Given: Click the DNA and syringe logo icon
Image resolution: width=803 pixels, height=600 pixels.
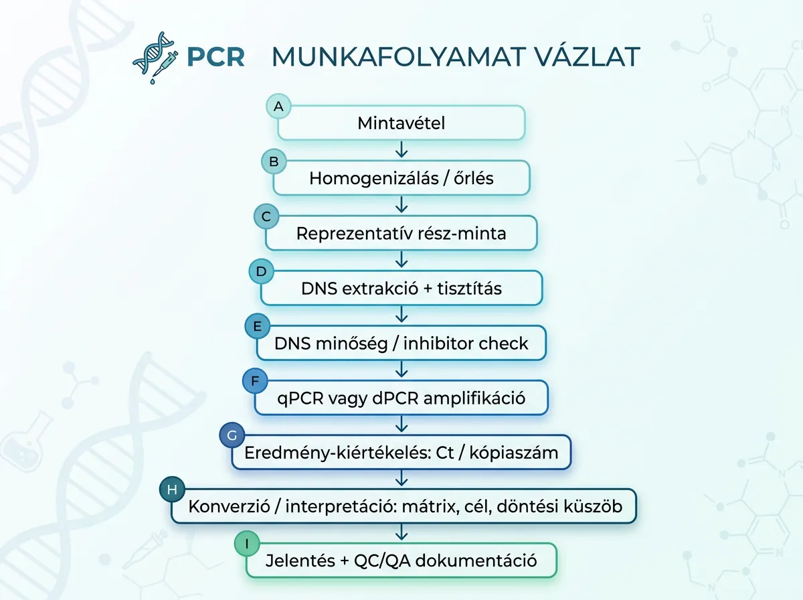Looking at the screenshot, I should click(155, 57).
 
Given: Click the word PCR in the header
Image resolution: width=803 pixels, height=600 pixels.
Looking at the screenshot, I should click(215, 58).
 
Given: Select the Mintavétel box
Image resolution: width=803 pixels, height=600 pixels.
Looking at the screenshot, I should click(401, 123).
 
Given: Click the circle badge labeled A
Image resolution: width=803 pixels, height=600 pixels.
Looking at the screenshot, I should click(278, 106).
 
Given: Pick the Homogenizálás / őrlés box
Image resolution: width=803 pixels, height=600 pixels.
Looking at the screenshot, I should click(401, 178).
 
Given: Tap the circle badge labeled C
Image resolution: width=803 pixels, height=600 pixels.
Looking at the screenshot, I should click(266, 216).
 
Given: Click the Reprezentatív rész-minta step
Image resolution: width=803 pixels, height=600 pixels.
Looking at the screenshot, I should click(401, 233).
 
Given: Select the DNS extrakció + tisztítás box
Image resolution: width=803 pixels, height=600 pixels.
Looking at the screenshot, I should click(401, 289).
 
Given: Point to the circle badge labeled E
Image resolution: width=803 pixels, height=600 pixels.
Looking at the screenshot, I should click(257, 327).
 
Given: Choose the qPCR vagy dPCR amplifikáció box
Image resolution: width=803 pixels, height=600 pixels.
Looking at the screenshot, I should click(401, 398).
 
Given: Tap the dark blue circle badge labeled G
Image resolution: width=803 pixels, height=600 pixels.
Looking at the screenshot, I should click(232, 436).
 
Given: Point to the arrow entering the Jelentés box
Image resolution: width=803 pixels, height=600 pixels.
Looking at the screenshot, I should click(401, 532).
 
